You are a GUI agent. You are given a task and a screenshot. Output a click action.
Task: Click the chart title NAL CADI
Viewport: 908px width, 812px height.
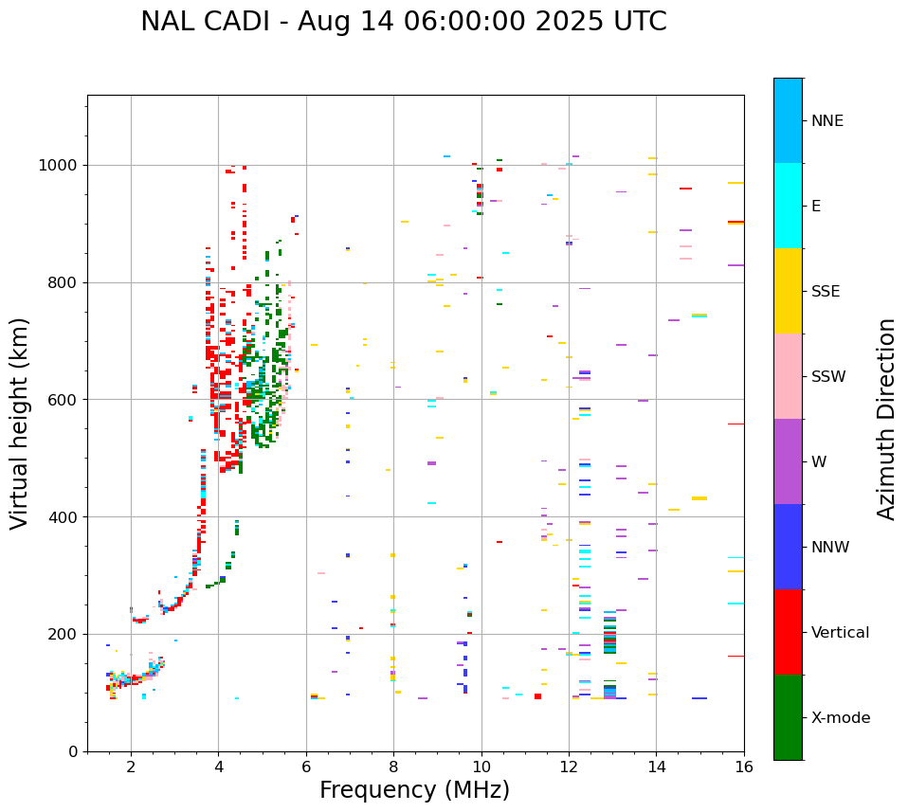(x=403, y=22)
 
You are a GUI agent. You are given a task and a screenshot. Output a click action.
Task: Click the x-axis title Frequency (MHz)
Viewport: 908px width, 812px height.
(x=414, y=790)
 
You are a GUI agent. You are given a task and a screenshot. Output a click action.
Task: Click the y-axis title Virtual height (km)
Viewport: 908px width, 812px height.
(x=20, y=424)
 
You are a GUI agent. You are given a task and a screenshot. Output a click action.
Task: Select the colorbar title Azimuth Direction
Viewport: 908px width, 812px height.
(x=886, y=419)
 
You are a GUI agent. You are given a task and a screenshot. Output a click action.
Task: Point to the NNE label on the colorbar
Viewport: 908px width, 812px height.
(x=826, y=121)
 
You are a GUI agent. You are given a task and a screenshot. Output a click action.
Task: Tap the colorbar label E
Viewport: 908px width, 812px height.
(x=815, y=207)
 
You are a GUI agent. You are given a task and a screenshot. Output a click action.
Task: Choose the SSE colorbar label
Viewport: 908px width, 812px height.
(x=825, y=292)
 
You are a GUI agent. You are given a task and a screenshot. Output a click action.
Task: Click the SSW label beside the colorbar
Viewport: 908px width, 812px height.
(x=827, y=377)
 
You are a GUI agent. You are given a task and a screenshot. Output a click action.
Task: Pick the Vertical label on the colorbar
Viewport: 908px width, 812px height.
(x=840, y=633)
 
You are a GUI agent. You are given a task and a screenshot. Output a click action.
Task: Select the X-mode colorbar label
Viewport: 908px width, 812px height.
(x=840, y=718)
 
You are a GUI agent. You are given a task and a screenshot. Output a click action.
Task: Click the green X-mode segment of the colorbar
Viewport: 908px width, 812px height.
(x=788, y=717)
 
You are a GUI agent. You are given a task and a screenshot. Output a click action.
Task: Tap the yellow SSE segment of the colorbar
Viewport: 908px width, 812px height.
(x=788, y=291)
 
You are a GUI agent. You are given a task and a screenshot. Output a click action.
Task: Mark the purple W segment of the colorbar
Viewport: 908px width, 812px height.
(x=788, y=461)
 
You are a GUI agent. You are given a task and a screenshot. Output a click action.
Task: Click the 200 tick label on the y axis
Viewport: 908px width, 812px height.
(x=65, y=634)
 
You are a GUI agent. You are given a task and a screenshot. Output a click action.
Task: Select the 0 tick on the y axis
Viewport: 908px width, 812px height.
(x=74, y=751)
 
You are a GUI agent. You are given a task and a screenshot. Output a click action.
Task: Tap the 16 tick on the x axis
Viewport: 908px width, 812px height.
(x=743, y=767)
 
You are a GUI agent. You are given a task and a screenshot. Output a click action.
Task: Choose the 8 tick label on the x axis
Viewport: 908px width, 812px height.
(x=393, y=767)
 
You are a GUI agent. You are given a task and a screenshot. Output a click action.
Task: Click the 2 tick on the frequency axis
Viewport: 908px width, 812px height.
(x=131, y=767)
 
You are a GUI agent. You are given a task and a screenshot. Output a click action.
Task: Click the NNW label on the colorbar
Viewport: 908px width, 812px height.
(x=829, y=548)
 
